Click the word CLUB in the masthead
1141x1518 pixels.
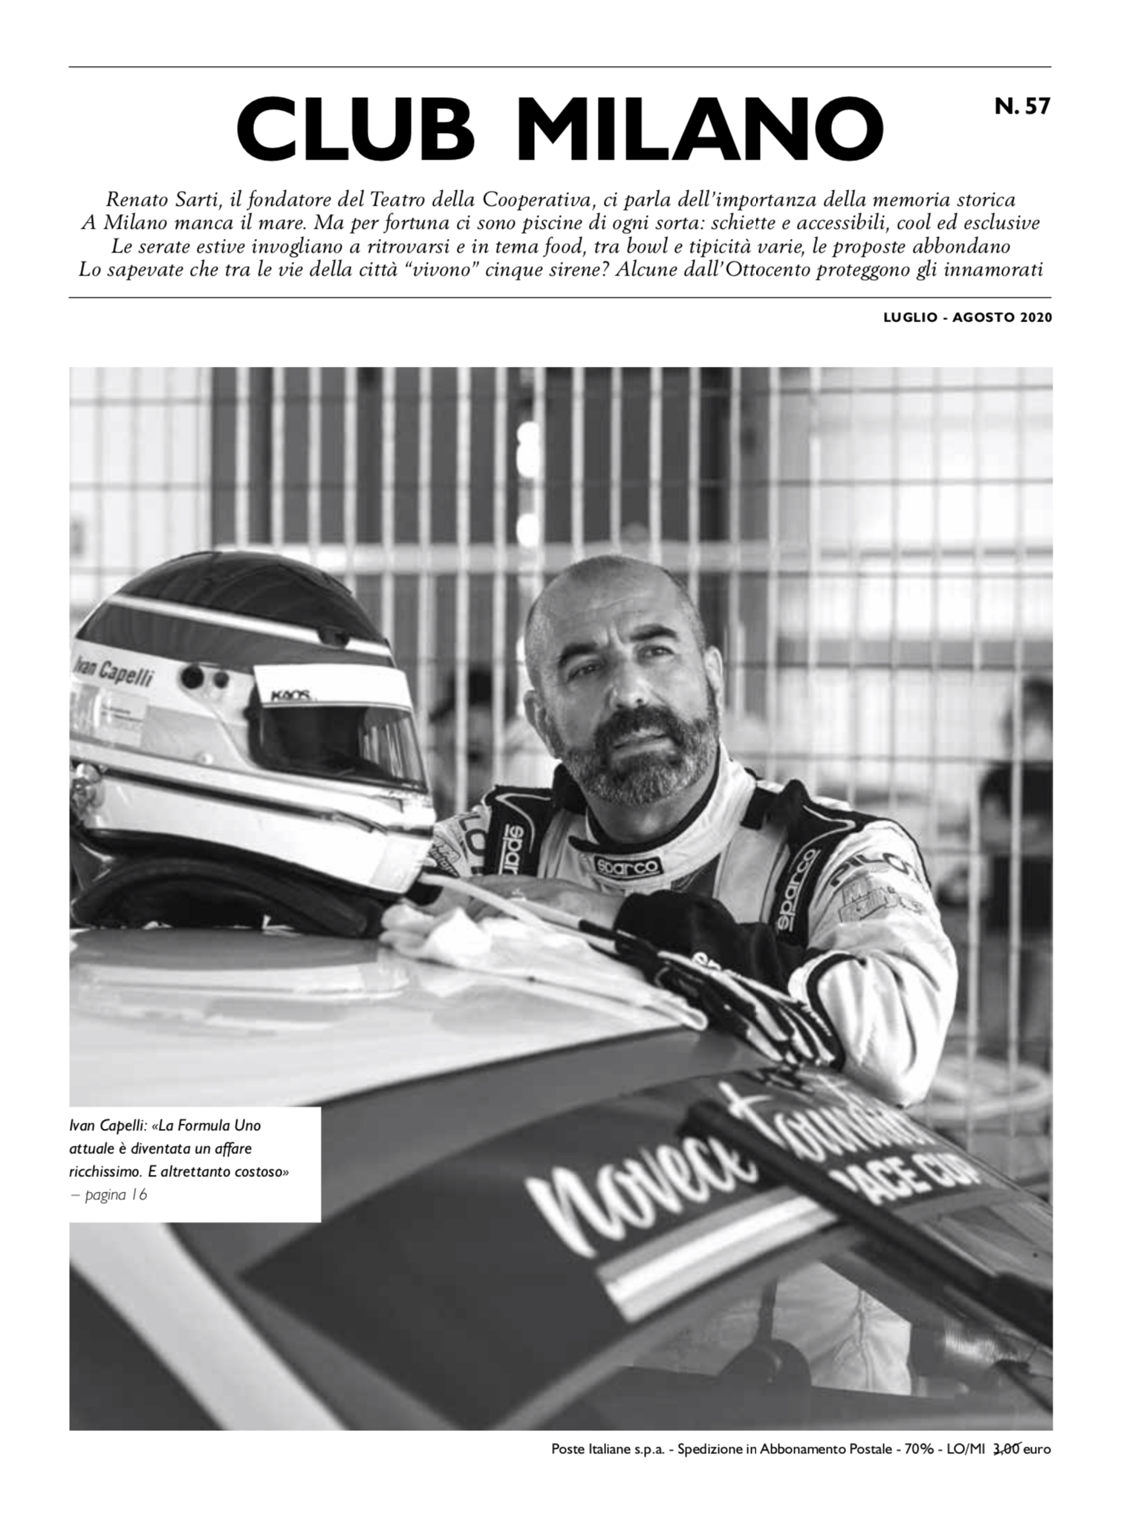coord(355,130)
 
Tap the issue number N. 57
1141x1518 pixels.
coord(1022,107)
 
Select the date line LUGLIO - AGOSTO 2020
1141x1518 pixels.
coord(967,317)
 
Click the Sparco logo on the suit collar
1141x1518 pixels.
coord(628,866)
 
